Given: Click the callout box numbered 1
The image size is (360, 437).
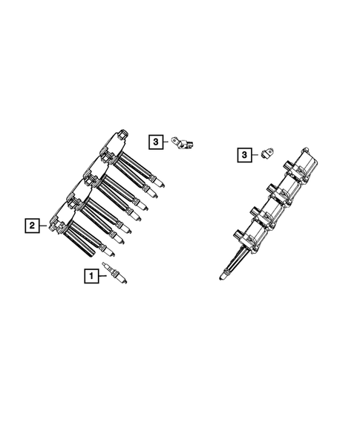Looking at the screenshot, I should [x=91, y=276].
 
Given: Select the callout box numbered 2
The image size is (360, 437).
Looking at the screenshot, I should [x=32, y=224].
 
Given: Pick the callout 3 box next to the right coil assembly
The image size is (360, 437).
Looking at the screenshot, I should [x=245, y=154].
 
